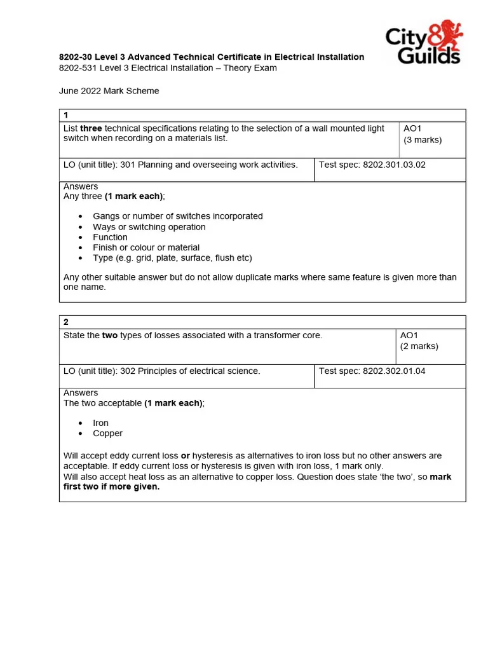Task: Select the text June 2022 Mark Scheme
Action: (109, 91)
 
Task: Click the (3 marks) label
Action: (422, 140)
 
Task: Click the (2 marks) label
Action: (419, 346)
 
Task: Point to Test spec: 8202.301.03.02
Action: (372, 165)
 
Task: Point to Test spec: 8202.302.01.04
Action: (372, 371)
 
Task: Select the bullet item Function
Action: (110, 237)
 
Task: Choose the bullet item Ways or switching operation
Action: (149, 227)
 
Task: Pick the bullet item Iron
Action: (100, 423)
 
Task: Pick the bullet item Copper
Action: (107, 434)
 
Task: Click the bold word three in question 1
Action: (91, 128)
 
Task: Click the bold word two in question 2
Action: (110, 335)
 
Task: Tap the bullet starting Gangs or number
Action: (177, 216)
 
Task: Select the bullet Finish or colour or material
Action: (146, 247)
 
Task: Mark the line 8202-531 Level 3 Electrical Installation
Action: (168, 68)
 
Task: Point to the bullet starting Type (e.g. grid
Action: (172, 258)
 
